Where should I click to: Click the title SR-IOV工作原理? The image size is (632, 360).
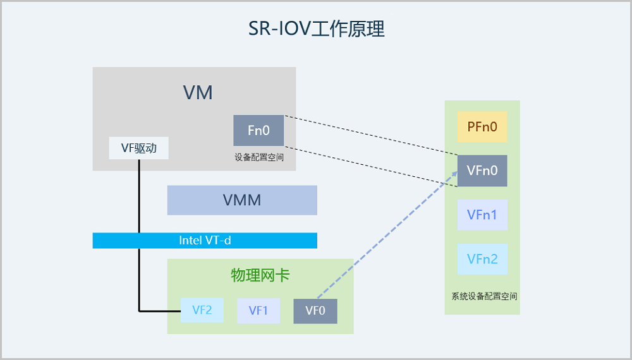point(316,29)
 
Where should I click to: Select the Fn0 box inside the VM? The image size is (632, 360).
point(258,131)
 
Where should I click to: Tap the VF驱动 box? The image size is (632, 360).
point(139,148)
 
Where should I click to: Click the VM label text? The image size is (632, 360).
point(198,93)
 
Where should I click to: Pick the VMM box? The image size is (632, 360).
point(242,200)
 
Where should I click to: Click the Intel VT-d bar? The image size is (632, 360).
point(205,241)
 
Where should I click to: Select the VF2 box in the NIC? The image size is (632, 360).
point(202,310)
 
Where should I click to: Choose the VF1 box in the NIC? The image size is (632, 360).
point(258,310)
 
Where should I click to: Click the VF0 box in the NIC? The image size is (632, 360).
point(315,310)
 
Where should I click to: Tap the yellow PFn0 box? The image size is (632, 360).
point(482,128)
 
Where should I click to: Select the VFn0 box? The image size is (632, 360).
point(482,171)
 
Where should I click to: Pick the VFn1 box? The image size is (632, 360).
point(482,215)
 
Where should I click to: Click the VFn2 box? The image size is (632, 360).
point(482,259)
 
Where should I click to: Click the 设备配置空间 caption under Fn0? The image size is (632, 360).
point(258,157)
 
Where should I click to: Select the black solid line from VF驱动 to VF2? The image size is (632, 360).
point(138,253)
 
